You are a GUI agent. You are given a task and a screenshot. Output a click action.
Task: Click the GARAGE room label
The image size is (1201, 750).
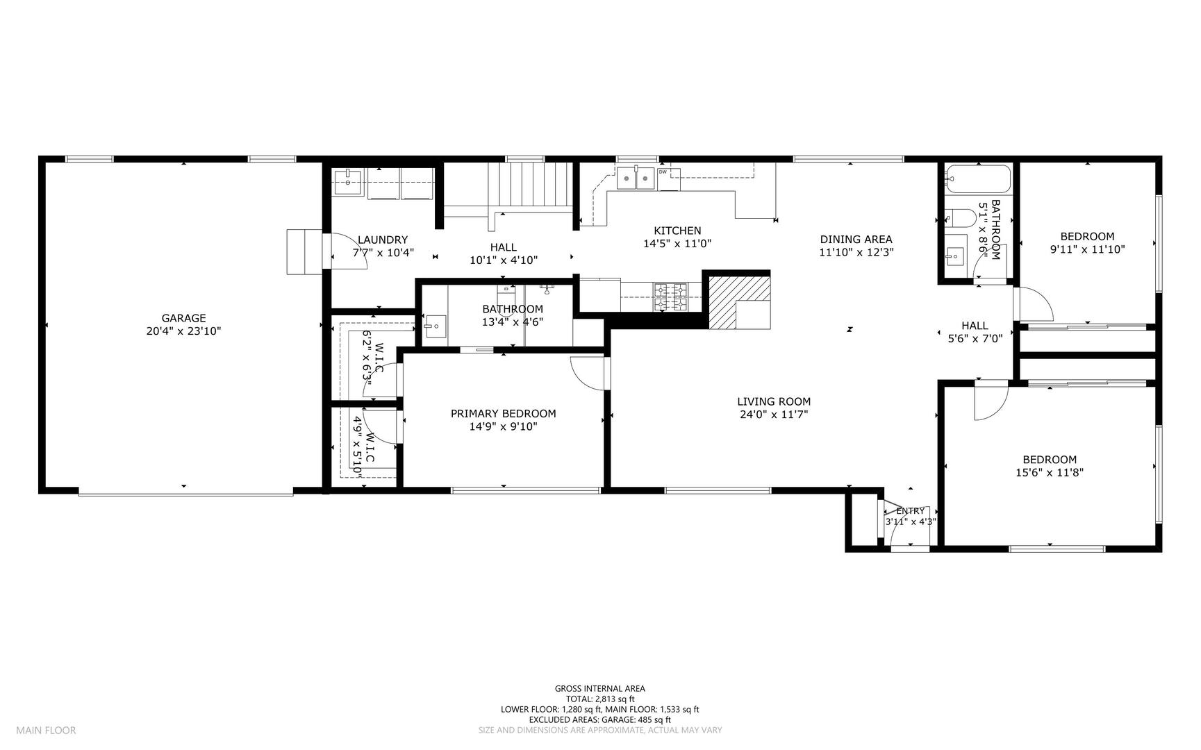(183, 318)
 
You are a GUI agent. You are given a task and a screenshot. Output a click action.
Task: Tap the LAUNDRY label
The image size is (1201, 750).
(383, 240)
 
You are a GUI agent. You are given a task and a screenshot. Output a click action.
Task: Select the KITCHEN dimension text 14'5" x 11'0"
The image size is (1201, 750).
(677, 244)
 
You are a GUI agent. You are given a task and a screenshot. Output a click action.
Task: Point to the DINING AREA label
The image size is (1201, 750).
(856, 240)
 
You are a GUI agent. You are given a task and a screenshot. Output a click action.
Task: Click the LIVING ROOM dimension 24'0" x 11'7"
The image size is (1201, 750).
(773, 415)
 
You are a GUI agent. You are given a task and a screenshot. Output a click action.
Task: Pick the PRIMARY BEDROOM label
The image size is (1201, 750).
(503, 414)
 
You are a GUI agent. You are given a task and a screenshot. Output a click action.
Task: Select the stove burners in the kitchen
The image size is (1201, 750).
(670, 297)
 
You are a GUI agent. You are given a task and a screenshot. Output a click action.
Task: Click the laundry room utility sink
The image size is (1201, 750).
(347, 182)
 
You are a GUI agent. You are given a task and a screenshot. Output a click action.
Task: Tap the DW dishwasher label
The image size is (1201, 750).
(663, 172)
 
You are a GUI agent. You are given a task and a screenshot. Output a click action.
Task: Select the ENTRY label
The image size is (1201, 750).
(910, 511)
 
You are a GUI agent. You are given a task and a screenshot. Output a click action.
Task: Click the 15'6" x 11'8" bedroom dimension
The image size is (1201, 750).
(1050, 472)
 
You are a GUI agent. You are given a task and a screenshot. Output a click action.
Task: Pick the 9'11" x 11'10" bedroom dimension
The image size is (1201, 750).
(1087, 249)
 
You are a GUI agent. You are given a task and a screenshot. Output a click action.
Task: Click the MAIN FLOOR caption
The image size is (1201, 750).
(46, 730)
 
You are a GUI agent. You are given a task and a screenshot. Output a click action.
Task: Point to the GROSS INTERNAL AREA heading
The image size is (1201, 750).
(599, 689)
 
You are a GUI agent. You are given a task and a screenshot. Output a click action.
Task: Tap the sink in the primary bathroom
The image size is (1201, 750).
(435, 326)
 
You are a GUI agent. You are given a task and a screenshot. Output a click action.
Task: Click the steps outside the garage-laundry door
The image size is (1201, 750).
(304, 251)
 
